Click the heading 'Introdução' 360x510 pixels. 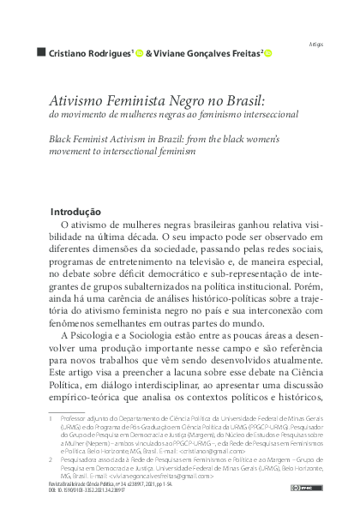(x=75, y=212)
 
